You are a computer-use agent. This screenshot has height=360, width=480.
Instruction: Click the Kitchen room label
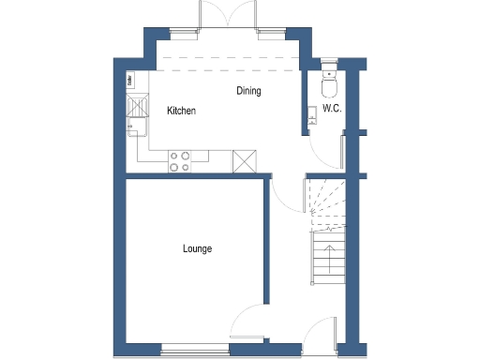pos(181,111)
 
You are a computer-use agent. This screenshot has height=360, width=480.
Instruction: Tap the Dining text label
pos(248,91)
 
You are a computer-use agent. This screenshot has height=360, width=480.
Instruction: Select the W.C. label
pos(331,109)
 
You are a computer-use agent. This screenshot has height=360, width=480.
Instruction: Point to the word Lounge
pos(197,248)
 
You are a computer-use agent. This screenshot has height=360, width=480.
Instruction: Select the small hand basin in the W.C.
pos(310,115)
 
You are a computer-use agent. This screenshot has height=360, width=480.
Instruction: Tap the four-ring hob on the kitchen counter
pos(178,161)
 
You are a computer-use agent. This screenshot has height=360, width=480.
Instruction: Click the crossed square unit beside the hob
pos(243,161)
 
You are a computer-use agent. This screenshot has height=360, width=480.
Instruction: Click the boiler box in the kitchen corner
pos(129,81)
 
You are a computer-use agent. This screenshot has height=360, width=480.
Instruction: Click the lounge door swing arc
pos(249,319)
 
